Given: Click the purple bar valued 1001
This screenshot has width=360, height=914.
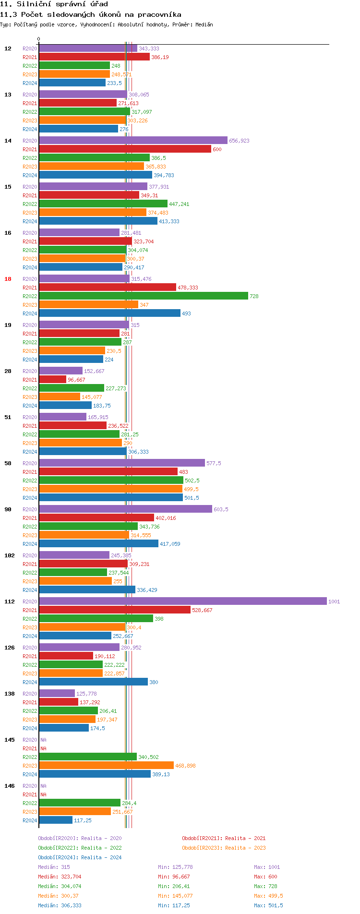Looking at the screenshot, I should pyautogui.click(x=182, y=601).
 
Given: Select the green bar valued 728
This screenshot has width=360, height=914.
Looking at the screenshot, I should pyautogui.click(x=143, y=296).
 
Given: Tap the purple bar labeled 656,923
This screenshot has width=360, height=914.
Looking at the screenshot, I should pyautogui.click(x=133, y=141).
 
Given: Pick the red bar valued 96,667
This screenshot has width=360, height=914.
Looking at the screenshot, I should pyautogui.click(x=52, y=380).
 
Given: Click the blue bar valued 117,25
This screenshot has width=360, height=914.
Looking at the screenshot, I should pyautogui.click(x=56, y=820).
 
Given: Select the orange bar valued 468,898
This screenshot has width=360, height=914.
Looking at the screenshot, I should pyautogui.click(x=106, y=766).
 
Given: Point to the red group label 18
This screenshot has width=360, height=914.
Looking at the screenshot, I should pyautogui.click(x=8, y=279).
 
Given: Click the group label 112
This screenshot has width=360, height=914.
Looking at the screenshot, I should pyautogui.click(x=10, y=601).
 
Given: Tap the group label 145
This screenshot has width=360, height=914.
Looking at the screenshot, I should pyautogui.click(x=10, y=740).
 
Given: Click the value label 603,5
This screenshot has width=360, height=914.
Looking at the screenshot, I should pyautogui.click(x=221, y=509).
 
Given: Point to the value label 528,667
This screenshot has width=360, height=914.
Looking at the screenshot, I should pyautogui.click(x=202, y=610).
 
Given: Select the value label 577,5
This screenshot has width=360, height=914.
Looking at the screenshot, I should pyautogui.click(x=214, y=463).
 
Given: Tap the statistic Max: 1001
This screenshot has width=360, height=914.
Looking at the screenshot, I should pyautogui.click(x=267, y=867).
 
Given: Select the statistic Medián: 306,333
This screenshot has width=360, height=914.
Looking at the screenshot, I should pyautogui.click(x=60, y=905).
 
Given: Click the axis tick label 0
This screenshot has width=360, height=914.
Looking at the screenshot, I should pyautogui.click(x=39, y=39).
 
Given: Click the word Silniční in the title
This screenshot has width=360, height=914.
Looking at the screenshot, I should pyautogui.click(x=36, y=4).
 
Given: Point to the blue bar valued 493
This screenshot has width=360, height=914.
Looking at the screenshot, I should pyautogui.click(x=109, y=313).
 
